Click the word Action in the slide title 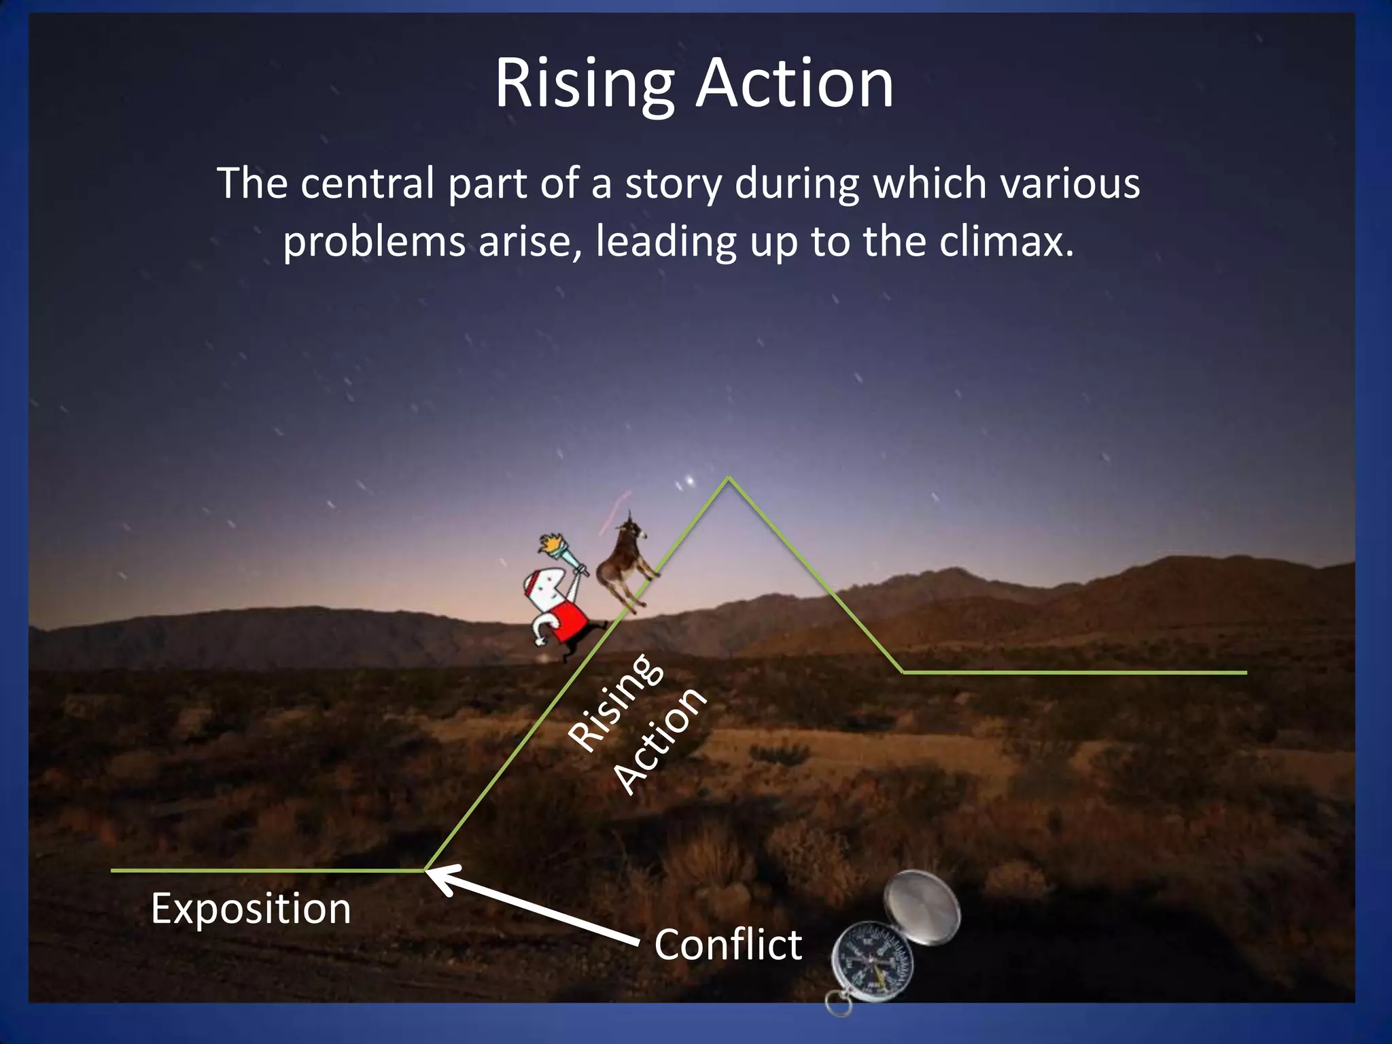pyautogui.click(x=794, y=84)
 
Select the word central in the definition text pyautogui.click(x=367, y=184)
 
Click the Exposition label pyautogui.click(x=250, y=908)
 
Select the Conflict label pyautogui.click(x=727, y=945)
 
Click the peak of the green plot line pyautogui.click(x=729, y=478)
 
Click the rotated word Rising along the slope pyautogui.click(x=615, y=703)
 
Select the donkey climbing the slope pyautogui.click(x=622, y=564)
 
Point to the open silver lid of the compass pyautogui.click(x=924, y=907)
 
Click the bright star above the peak pyautogui.click(x=691, y=481)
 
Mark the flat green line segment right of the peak pyautogui.click(x=1074, y=672)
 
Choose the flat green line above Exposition pyautogui.click(x=265, y=870)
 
